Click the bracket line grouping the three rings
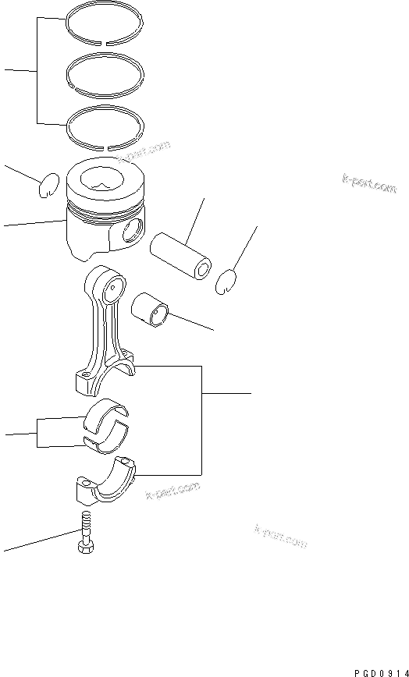pos(37,70)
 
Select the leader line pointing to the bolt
pos(39,541)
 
